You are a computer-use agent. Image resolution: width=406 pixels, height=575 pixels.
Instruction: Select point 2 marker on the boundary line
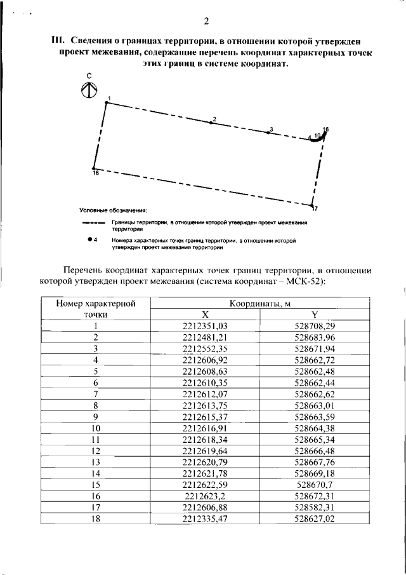point(211,123)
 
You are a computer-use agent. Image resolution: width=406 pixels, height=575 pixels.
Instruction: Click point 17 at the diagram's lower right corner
point(312,206)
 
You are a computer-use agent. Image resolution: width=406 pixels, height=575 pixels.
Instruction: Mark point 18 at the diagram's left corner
point(94,169)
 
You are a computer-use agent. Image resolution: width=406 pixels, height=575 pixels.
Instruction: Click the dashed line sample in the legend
point(93,224)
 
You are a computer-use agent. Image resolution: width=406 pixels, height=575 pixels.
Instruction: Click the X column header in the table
point(205,315)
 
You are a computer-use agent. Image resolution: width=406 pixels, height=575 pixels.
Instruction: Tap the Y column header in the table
point(315,315)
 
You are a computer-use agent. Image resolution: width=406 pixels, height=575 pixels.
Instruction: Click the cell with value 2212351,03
point(205,325)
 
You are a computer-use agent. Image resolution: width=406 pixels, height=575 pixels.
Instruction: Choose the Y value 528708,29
point(315,325)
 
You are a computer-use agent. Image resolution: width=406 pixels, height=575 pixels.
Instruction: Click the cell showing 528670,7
point(315,484)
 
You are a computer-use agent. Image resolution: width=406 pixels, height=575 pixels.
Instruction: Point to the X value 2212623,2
point(205,496)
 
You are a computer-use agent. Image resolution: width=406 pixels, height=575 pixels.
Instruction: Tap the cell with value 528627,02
point(315,518)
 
